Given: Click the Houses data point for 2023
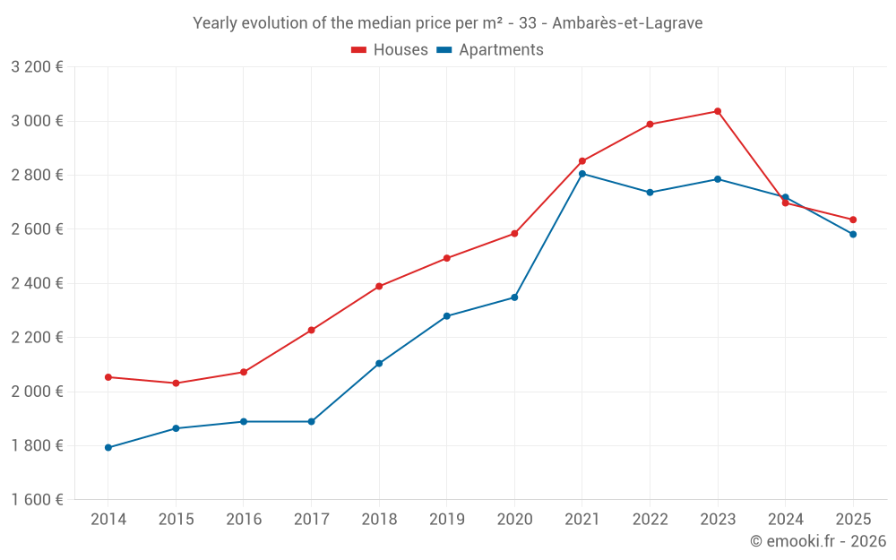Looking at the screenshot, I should tap(718, 111).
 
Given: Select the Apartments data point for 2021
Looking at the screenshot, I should tap(582, 174).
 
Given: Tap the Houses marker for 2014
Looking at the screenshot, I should tap(108, 377).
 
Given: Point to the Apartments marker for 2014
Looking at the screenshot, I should tap(108, 447).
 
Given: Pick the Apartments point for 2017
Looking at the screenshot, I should tap(312, 421).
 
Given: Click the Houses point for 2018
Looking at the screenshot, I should tap(379, 287).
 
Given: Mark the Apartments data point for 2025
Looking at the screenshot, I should tap(853, 235).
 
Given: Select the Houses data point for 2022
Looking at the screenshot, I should tap(650, 125).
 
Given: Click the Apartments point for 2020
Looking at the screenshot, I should tap(514, 297).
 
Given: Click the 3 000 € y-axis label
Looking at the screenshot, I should tap(37, 121).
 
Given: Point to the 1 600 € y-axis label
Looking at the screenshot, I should tap(37, 500).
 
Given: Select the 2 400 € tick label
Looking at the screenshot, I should tap(37, 283).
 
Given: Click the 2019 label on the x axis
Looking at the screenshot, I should tap(446, 520).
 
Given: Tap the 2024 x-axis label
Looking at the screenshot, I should tap(785, 520).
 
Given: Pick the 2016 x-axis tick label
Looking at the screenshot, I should tap(244, 520).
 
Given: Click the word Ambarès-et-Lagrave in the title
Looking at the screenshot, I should tap(627, 23).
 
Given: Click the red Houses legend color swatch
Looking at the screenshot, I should tap(359, 50).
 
